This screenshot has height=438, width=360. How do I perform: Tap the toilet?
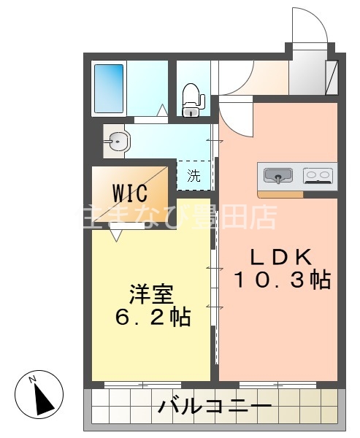point(191,99)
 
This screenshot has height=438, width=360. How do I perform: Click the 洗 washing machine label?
point(194,175)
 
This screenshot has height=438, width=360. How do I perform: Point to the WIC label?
point(130,193)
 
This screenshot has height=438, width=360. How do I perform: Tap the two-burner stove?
point(318,175)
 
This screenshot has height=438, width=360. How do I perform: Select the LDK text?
point(281,257)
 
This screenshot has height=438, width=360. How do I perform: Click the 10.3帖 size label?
point(282,280)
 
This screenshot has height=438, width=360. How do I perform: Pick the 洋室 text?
point(152,295)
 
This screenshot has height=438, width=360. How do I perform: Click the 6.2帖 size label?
point(152,318)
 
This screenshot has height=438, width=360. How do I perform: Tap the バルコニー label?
point(215,407)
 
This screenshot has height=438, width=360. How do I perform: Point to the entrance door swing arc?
point(311,29)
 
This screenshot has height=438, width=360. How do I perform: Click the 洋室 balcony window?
point(141,384)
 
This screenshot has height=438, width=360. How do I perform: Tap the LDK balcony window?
point(277,384)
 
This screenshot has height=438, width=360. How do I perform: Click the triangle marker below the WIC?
point(116,235)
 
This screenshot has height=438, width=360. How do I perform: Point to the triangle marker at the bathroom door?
point(163,111)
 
